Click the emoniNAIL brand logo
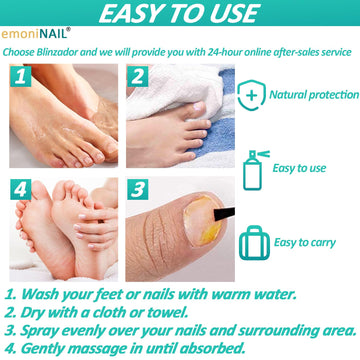pyautogui.click(x=36, y=34)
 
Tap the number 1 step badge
pyautogui.click(x=20, y=76)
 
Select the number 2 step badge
pyautogui.click(x=137, y=76)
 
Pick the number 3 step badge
pyautogui.click(x=137, y=189)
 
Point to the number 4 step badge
pyautogui.click(x=20, y=189)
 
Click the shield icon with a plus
pyautogui.click(x=251, y=95)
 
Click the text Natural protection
pyautogui.click(x=314, y=95)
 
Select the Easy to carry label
pyautogui.click(x=304, y=242)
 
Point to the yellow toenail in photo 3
pyautogui.click(x=202, y=220)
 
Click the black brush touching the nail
pyautogui.click(x=224, y=214)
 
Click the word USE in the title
pyautogui.click(x=232, y=13)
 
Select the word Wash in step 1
pyautogui.click(x=41, y=295)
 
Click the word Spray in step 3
pyautogui.click(x=39, y=331)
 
